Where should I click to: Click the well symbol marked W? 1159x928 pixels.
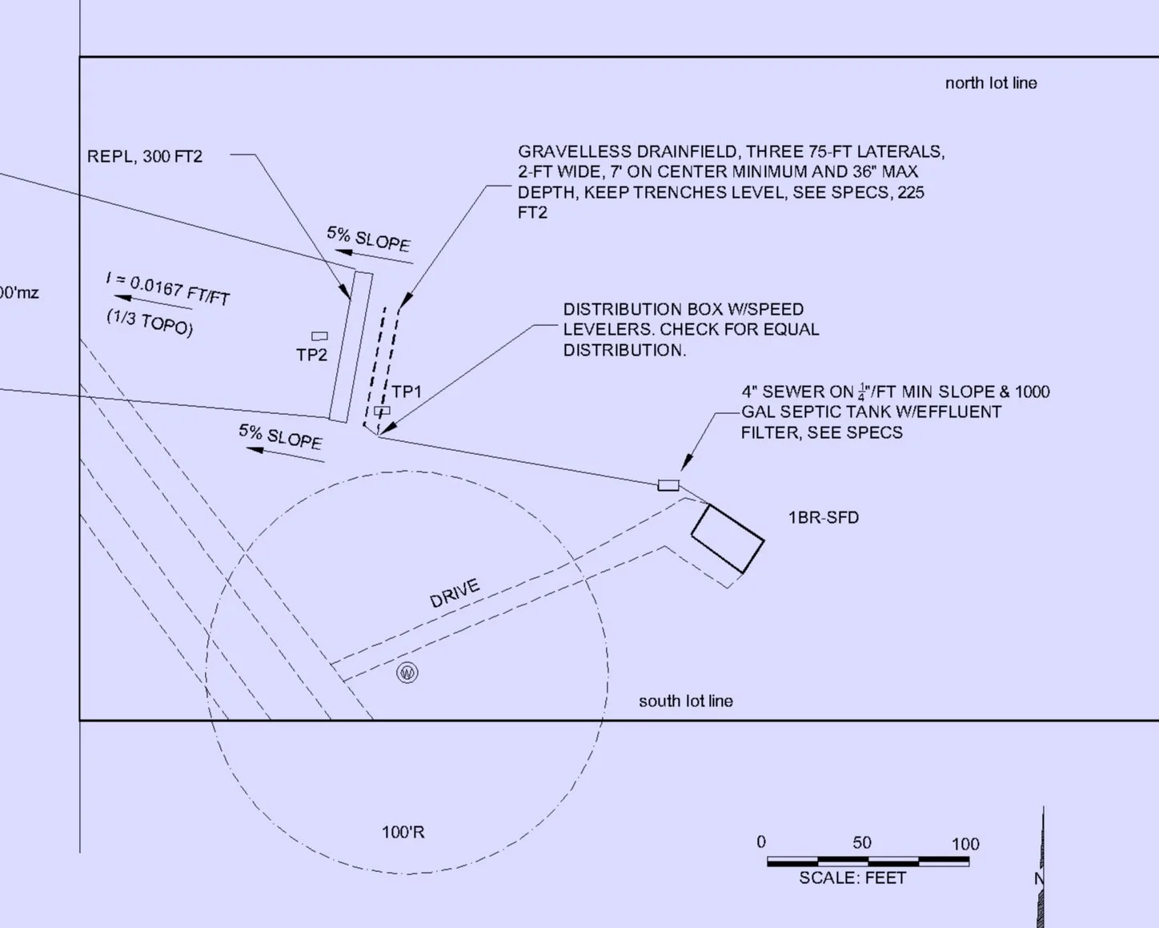pos(407,673)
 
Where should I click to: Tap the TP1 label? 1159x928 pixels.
pos(407,392)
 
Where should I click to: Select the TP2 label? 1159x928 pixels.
pos(311,355)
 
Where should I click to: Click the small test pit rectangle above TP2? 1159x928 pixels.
pos(319,336)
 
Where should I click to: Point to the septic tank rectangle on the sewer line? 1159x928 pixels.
pos(668,485)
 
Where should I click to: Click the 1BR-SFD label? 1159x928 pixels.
pos(824,517)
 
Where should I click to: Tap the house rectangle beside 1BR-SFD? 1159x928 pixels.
pos(728,538)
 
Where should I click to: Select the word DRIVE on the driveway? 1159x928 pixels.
pos(455,593)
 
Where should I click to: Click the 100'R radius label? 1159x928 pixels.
pos(403,833)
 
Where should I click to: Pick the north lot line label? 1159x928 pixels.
pos(991,83)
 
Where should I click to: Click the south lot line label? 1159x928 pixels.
pos(686,701)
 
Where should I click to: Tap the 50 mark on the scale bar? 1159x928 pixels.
pos(862,842)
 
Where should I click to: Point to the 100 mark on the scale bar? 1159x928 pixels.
pos(965,844)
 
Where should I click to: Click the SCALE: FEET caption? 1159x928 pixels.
pos(852,878)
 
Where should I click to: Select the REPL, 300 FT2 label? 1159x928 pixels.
pos(145,156)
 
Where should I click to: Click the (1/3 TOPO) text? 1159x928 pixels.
pos(150,323)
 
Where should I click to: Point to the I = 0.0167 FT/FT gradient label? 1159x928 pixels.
pos(168,289)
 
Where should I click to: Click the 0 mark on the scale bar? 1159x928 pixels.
pos(761,842)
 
